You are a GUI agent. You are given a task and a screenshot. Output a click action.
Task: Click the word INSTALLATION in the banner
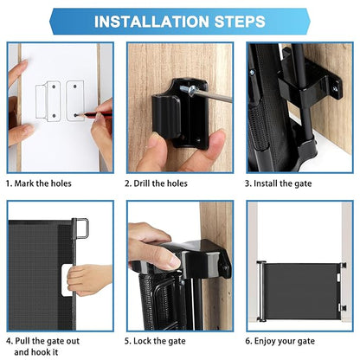[x=151, y=22]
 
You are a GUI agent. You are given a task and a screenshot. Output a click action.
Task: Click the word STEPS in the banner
[x=240, y=22]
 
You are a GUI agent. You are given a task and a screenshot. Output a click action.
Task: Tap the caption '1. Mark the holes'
[x=39, y=183]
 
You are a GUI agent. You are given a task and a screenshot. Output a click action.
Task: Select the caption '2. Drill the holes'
[x=156, y=183]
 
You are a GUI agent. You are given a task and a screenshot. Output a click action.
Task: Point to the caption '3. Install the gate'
[x=278, y=183]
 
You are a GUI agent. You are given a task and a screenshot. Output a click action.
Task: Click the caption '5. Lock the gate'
[x=155, y=341]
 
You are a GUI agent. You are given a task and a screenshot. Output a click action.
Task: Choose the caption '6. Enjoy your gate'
[x=280, y=342]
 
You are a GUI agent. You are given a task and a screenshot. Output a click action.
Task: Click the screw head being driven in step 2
[x=191, y=90]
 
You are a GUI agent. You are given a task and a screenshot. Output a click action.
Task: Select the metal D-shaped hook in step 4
[x=81, y=228]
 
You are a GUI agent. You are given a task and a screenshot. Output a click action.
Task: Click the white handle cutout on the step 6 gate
[x=338, y=277]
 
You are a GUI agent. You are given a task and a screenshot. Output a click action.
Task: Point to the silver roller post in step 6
[x=261, y=292]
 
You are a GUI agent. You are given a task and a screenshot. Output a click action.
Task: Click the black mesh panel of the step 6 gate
[x=301, y=291]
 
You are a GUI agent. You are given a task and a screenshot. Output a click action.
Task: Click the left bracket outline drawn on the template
[x=48, y=101]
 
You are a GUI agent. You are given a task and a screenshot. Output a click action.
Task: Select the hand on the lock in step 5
[x=153, y=247]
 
